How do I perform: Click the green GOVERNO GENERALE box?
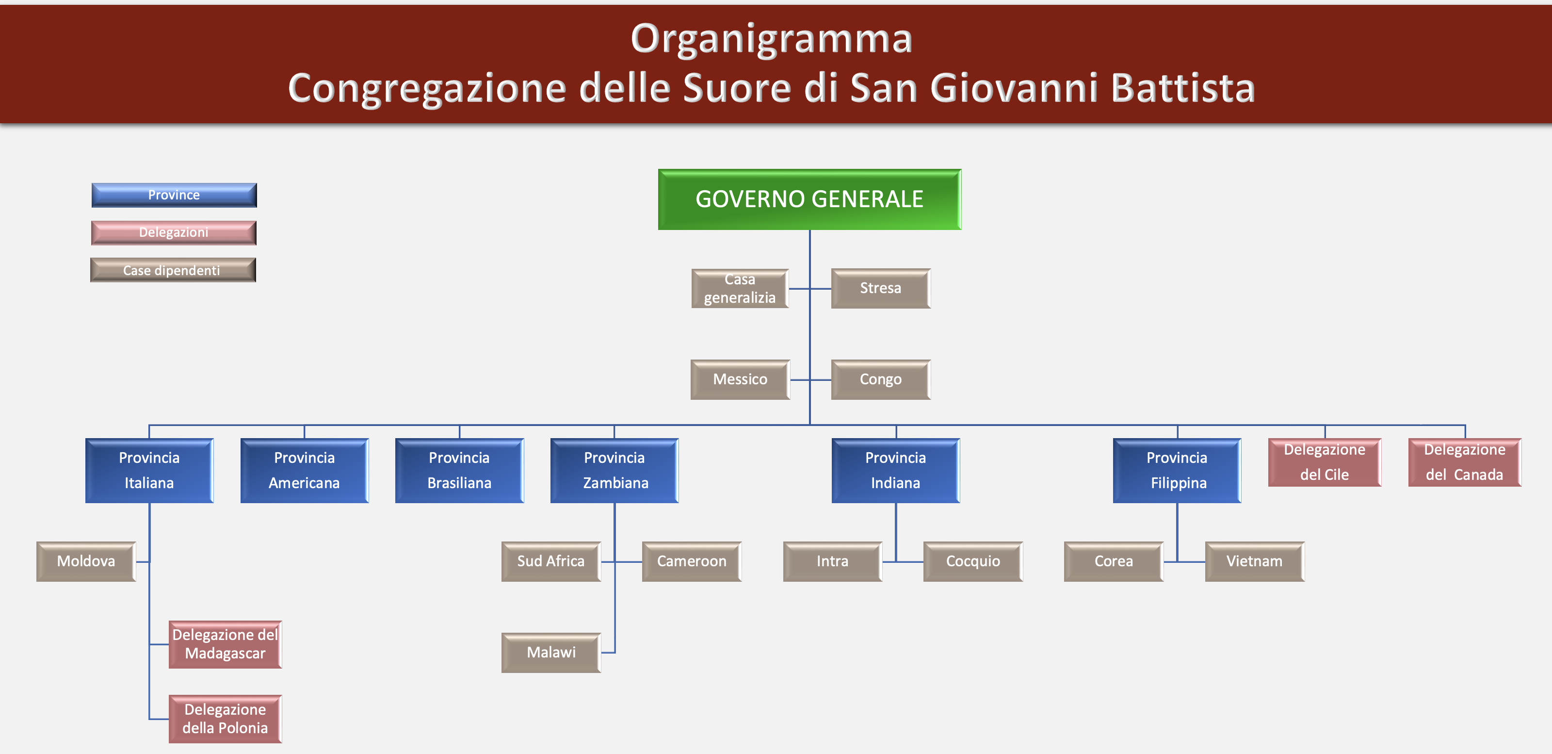809,199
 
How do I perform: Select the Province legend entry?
174,195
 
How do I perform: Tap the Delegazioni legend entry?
174,232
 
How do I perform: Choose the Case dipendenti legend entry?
173,270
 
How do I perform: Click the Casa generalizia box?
740,289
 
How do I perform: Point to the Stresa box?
881,289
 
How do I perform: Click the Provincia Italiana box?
149,471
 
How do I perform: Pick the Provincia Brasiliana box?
459,471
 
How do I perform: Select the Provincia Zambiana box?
614,471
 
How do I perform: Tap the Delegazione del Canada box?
1465,462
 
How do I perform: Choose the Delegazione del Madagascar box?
226,644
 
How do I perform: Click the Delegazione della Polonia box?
226,719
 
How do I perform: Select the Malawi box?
551,653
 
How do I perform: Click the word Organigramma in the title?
772,39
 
